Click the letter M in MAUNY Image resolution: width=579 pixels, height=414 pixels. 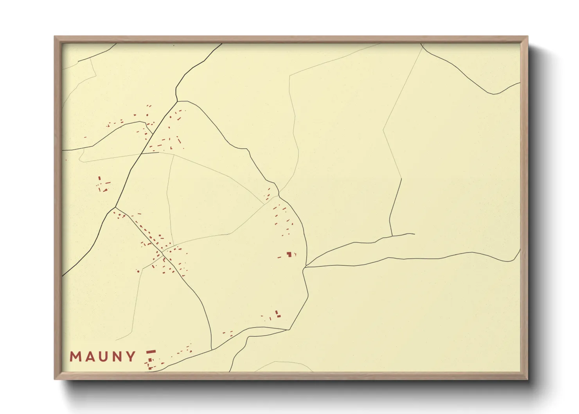75,357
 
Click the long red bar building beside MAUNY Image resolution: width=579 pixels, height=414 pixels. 151,352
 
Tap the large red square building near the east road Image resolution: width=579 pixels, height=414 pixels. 289,254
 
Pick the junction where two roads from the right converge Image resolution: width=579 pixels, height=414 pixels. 305,267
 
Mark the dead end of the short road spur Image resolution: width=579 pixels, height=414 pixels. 414,234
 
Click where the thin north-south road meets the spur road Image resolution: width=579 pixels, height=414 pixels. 392,236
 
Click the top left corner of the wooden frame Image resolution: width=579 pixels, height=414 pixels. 55,37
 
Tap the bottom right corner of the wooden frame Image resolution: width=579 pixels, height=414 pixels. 527,379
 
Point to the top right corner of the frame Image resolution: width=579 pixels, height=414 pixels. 527,37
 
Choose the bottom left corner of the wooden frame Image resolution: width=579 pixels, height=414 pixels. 55,379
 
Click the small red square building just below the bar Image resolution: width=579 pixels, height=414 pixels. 149,360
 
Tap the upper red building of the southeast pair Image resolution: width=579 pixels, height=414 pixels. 276,312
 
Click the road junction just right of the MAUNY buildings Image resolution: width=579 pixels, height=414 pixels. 212,349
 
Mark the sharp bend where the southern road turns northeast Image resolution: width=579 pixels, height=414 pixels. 289,330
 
